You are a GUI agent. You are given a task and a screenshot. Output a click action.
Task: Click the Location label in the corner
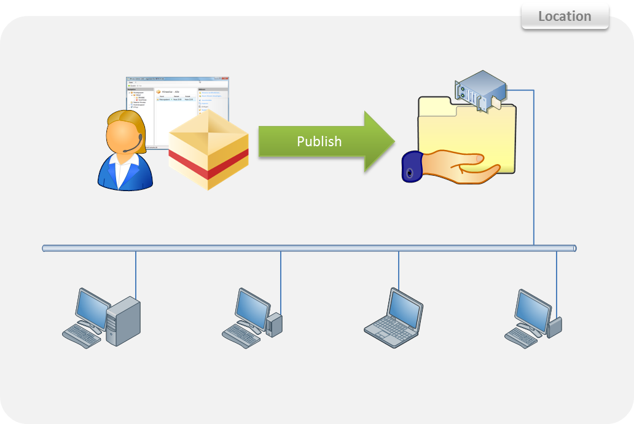(565, 17)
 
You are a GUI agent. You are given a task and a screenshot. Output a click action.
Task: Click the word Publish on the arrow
(319, 141)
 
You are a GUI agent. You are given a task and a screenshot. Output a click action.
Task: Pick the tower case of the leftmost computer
(123, 320)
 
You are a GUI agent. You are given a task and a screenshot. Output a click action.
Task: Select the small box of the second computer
(274, 323)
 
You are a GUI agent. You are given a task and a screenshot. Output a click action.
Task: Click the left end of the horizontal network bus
(46, 248)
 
